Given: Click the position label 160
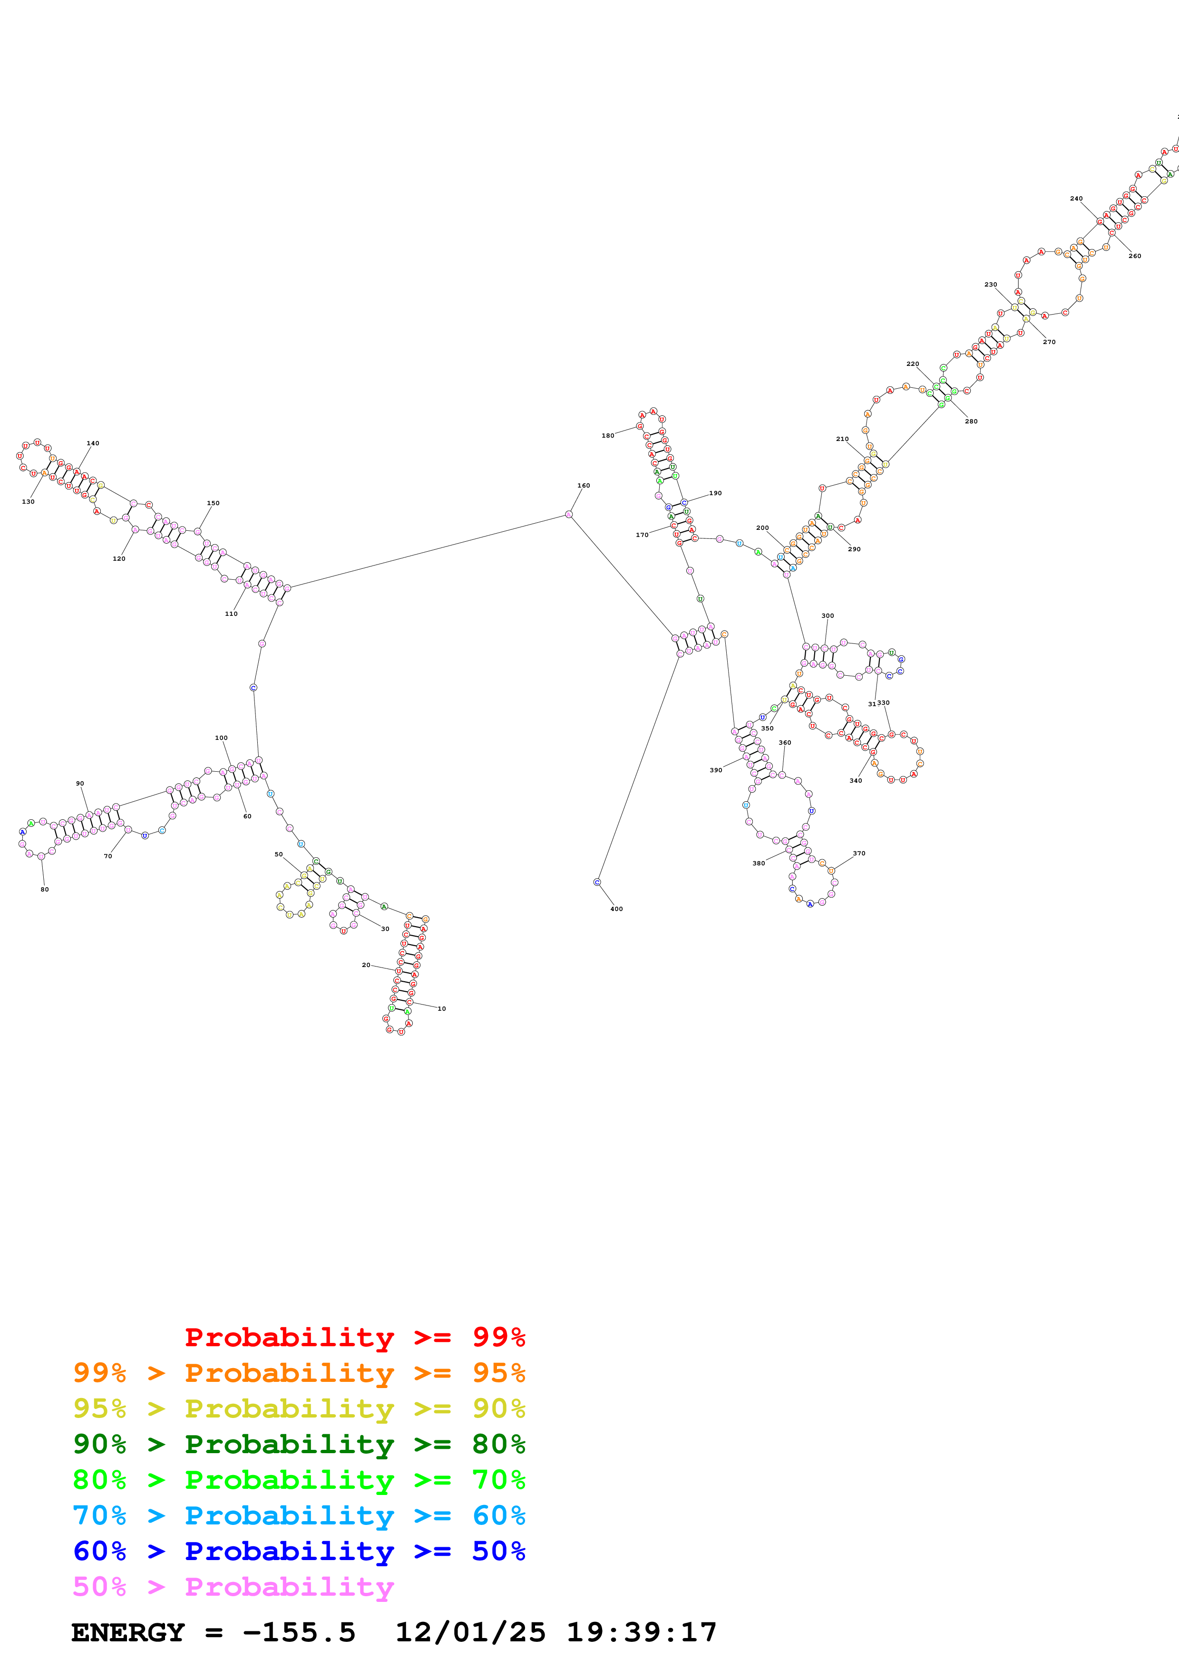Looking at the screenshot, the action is click(x=584, y=486).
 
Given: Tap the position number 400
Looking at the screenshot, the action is click(x=616, y=909).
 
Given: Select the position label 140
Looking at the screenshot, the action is click(x=93, y=443).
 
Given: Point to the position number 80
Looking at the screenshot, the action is click(x=44, y=890).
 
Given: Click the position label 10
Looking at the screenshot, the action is click(x=442, y=1008).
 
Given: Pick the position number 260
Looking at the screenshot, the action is click(x=1135, y=256).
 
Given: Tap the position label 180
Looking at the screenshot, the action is click(x=607, y=436).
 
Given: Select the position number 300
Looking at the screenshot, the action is click(x=828, y=616).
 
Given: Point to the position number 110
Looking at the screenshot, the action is click(x=231, y=613).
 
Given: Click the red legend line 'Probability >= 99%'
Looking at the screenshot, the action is click(x=354, y=1337).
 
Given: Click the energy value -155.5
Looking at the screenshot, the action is click(x=299, y=1633).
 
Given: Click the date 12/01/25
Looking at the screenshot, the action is click(x=470, y=1633).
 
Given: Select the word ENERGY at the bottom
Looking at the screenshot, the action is click(x=128, y=1633).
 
